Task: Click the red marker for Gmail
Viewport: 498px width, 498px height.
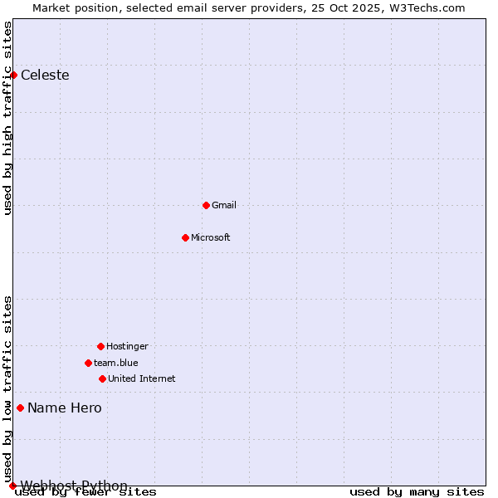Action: [x=206, y=205]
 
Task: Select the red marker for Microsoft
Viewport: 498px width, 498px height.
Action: [x=185, y=237]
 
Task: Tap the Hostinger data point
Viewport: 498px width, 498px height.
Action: [x=100, y=346]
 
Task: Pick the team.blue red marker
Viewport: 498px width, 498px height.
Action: [x=88, y=363]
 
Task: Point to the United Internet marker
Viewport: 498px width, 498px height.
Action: [x=102, y=378]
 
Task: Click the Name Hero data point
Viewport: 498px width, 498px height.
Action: [x=20, y=408]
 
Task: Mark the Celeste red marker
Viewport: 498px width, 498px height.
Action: [x=13, y=75]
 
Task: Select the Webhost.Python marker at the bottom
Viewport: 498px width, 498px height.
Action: [x=12, y=486]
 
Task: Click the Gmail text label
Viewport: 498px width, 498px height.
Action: [x=224, y=205]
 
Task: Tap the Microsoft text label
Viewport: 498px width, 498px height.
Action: [x=211, y=237]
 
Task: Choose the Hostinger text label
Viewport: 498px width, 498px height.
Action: [x=127, y=346]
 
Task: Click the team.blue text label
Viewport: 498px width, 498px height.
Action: [x=116, y=363]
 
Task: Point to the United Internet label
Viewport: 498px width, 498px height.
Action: [x=142, y=378]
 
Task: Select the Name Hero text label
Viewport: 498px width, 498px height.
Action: [x=65, y=408]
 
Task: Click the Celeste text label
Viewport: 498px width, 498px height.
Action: [x=45, y=75]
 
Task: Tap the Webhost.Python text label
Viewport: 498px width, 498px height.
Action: [x=74, y=486]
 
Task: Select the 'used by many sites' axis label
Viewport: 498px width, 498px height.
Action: [x=417, y=492]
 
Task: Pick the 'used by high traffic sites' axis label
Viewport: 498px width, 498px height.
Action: [x=8, y=118]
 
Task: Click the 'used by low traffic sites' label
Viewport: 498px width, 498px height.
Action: [x=8, y=388]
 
